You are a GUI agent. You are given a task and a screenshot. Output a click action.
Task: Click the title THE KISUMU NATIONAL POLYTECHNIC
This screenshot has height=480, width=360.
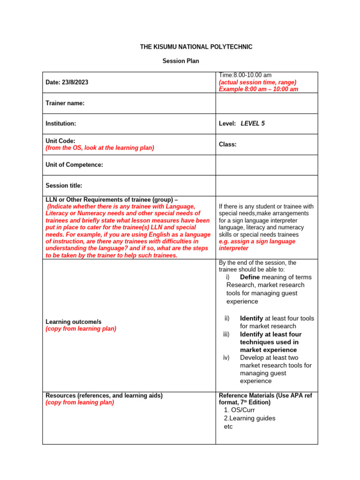[196, 47]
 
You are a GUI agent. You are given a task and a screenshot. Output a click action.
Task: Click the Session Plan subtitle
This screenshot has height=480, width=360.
[180, 61]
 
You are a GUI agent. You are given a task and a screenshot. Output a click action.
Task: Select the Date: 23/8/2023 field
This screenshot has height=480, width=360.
[67, 82]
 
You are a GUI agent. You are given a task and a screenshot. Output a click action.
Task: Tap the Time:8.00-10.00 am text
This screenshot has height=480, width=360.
[245, 75]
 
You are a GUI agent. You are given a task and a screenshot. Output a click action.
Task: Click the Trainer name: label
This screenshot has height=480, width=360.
[65, 103]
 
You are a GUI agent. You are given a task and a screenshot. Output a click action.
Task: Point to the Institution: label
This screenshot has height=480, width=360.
[60, 124]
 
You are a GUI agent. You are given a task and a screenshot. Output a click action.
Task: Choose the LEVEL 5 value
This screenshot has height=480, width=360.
[253, 124]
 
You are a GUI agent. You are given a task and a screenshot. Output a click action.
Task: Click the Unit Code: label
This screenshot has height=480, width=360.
[60, 141]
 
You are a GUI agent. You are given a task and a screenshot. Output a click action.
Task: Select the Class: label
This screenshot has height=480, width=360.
[227, 144]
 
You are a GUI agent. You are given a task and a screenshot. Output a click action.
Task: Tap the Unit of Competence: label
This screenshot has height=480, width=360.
[74, 165]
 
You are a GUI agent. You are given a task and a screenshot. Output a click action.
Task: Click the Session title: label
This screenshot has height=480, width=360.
[63, 186]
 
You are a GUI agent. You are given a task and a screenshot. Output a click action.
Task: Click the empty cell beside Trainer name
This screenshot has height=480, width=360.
[266, 103]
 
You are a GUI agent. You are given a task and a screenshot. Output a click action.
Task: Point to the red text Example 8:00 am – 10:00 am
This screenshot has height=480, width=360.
[258, 89]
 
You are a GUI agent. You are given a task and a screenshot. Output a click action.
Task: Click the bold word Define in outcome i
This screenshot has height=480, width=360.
[249, 277]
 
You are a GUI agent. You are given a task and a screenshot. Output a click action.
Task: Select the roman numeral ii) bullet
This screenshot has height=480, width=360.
[227, 318]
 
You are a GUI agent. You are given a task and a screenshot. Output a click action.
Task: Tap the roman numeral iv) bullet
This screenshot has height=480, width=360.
[226, 358]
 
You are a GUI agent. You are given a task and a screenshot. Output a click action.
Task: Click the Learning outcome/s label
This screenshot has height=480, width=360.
[73, 322]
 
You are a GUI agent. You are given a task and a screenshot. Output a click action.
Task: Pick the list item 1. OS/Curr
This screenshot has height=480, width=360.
[240, 410]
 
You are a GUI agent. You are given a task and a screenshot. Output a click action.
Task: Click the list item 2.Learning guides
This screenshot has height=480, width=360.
[249, 418]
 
